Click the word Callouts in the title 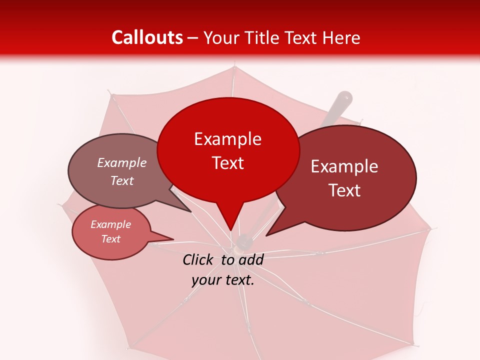[x=147, y=37]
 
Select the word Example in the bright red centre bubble [x=227, y=139]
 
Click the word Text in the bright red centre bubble [x=227, y=163]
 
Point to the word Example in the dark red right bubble [x=344, y=166]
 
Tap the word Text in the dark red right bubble [x=344, y=190]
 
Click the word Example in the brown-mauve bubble [x=122, y=163]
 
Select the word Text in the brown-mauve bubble [x=122, y=181]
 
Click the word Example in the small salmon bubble [x=111, y=224]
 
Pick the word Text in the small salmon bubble [x=111, y=239]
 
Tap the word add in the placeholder [x=251, y=259]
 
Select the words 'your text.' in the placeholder [x=223, y=280]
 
